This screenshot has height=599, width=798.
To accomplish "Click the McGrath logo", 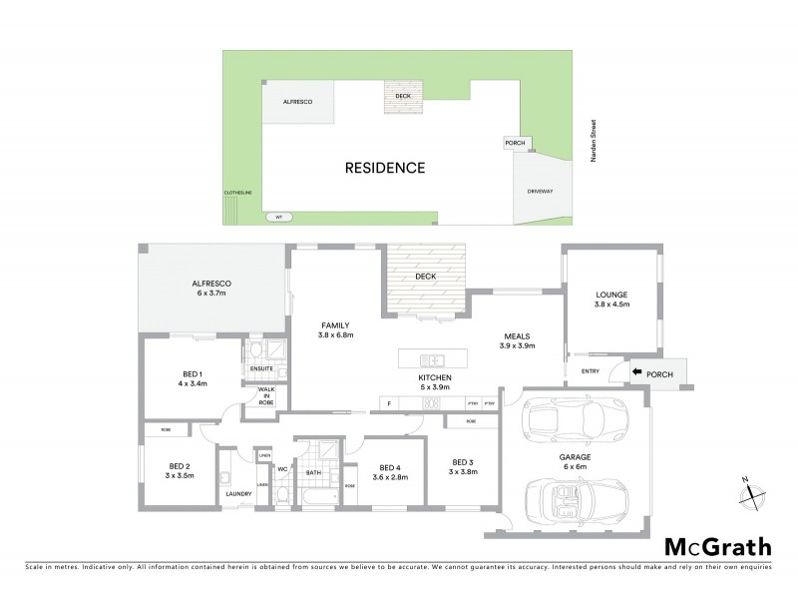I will point(717,546).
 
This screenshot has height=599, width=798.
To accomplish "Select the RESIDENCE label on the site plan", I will point(385,168).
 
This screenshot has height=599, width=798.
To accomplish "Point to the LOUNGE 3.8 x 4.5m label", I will point(612,298).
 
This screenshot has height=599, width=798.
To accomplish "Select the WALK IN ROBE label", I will point(266,396).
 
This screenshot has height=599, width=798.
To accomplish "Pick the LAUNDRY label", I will point(237,493).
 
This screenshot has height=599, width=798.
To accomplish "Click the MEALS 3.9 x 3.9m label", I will point(518,341).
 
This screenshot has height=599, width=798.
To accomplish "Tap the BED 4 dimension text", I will point(390,476).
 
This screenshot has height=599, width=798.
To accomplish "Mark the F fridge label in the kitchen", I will point(389,404).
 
